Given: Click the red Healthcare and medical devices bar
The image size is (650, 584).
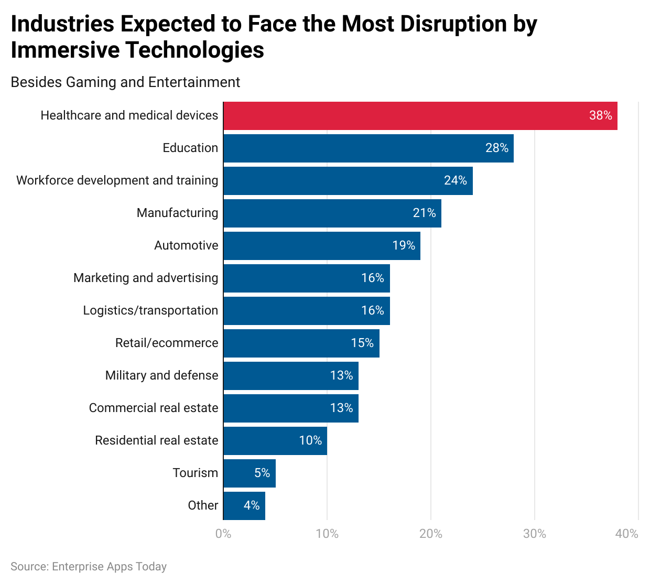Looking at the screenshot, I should click(419, 116).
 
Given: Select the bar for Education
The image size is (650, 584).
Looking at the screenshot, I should click(368, 148).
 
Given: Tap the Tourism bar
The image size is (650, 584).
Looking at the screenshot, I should click(249, 473).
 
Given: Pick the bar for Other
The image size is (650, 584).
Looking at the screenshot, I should click(244, 506).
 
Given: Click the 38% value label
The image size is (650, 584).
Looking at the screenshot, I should click(600, 116).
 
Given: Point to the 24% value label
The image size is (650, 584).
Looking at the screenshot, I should click(455, 181).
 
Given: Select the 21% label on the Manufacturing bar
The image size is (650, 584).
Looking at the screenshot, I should click(424, 213).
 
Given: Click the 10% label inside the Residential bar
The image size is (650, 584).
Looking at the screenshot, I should click(310, 441).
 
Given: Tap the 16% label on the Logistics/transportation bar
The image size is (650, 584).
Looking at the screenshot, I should click(372, 311).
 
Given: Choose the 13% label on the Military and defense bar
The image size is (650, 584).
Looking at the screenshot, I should click(341, 376).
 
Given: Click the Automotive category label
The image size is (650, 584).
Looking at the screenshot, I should click(186, 246).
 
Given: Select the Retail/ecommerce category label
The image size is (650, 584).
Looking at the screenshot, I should click(167, 343).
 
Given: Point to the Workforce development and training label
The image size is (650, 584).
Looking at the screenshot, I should click(117, 181).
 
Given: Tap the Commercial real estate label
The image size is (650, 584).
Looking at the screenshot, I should click(154, 408).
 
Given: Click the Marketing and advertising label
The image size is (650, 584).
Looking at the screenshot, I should click(146, 278).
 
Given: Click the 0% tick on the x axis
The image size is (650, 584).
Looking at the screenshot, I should click(223, 534).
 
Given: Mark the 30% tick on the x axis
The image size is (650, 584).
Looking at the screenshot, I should click(535, 534).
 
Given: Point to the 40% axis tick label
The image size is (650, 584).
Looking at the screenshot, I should click(627, 534).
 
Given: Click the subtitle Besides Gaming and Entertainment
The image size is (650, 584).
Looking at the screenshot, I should click(125, 82).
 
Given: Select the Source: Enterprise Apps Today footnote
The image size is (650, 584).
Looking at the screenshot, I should click(89, 567).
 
